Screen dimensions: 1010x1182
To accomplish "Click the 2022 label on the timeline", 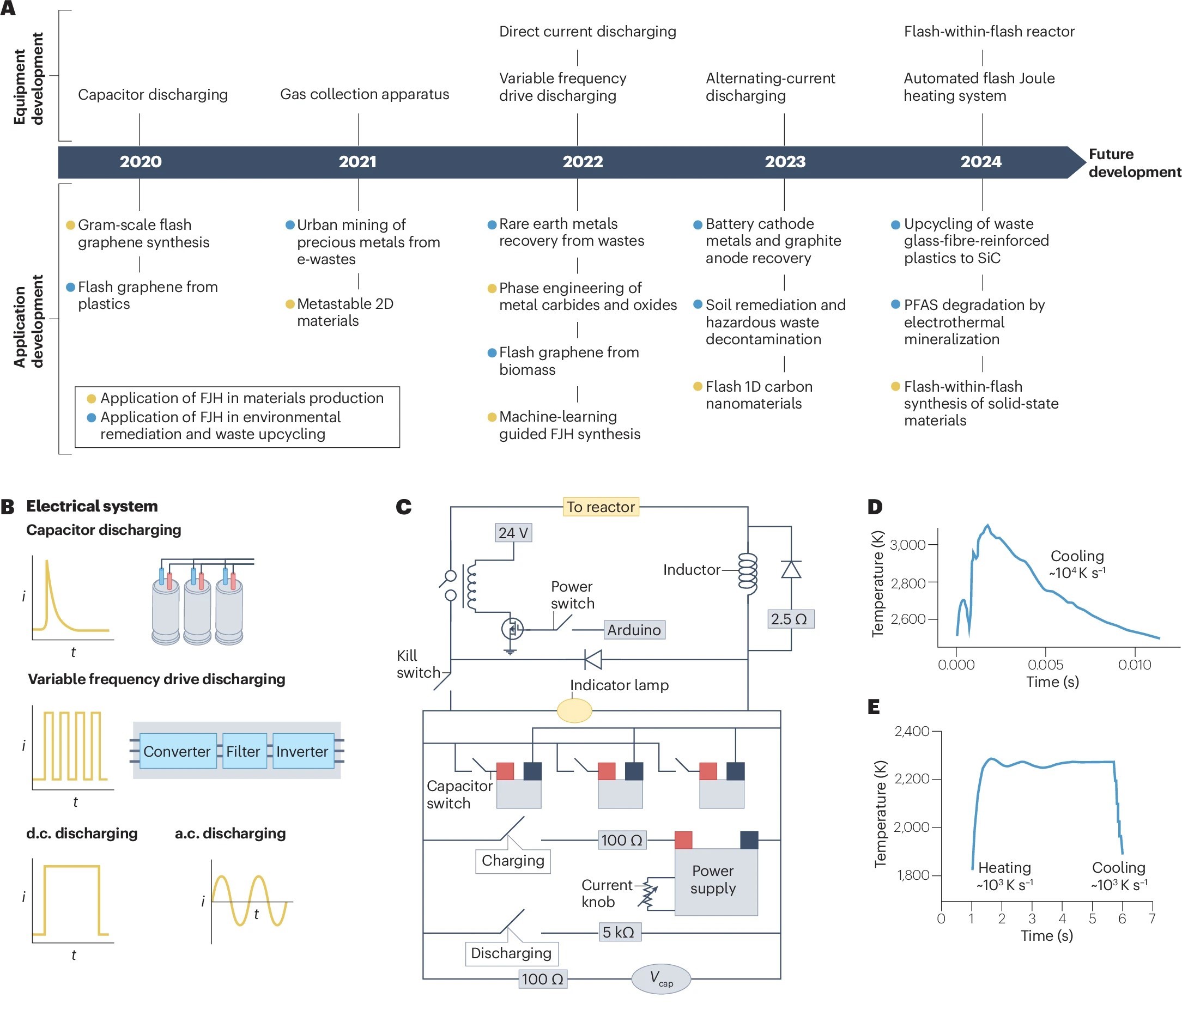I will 583,161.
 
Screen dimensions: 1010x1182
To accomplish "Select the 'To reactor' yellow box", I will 601,507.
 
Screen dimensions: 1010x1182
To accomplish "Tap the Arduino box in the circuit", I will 634,630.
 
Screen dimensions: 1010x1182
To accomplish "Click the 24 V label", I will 513,533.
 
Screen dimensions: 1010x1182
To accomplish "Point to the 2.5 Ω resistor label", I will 789,619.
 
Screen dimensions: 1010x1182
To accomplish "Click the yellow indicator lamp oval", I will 574,710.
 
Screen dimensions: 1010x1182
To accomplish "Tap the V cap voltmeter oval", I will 660,978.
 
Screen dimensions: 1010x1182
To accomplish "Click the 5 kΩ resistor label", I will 619,932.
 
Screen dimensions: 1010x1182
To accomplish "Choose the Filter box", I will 243,751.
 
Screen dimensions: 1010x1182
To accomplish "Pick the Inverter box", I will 302,751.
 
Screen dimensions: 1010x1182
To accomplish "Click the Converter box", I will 178,751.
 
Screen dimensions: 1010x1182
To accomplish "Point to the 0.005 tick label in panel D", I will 1045,665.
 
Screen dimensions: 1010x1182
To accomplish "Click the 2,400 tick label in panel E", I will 912,731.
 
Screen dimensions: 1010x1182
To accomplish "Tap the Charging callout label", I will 513,860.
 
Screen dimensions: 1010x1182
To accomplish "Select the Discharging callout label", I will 511,953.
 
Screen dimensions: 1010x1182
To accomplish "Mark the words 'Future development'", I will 1133,162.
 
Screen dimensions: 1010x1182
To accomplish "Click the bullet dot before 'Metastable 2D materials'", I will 290,304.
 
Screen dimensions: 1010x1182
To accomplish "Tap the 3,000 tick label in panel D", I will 907,545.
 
